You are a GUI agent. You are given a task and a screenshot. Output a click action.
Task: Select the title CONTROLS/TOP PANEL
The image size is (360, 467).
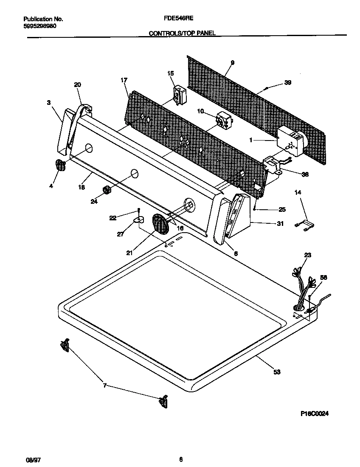[182, 33]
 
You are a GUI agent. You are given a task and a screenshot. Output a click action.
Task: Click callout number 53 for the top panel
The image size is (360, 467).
[276, 372]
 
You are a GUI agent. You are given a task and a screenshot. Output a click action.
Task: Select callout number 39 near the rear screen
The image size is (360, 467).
[287, 83]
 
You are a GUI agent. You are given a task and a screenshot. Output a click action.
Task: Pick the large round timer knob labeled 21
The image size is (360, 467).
[160, 223]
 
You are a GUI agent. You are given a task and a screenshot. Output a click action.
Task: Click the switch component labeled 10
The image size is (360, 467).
[222, 119]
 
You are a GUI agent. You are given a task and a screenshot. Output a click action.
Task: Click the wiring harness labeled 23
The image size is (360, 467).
[302, 289]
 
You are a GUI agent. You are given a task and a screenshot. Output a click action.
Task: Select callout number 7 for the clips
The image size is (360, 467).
[105, 385]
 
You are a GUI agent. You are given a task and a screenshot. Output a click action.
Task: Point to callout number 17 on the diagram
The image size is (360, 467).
[124, 80]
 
